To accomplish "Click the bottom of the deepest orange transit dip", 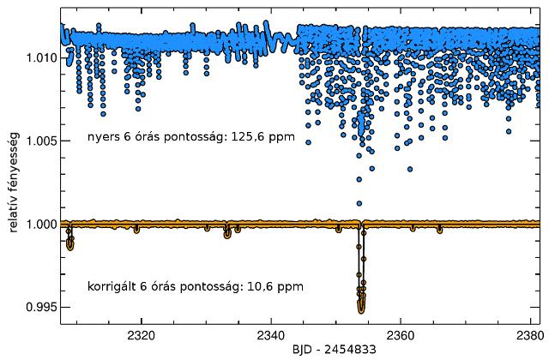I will tap(361, 309).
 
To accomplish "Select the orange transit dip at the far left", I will tap(70, 244).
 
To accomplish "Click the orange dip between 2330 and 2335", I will tap(227, 234).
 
